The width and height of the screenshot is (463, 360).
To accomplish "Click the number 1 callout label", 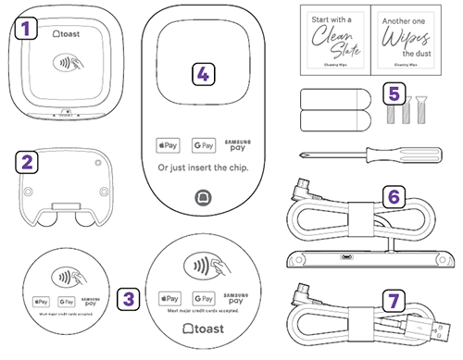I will pyautogui.click(x=29, y=29).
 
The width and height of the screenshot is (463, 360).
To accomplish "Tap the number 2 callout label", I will pyautogui.click(x=29, y=163).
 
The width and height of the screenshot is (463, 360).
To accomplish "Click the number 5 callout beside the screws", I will pyautogui.click(x=395, y=93).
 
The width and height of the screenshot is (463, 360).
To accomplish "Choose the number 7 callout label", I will pyautogui.click(x=394, y=301).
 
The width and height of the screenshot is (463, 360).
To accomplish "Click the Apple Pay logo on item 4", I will pyautogui.click(x=168, y=145).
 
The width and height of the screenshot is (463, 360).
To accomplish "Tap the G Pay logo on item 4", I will pyautogui.click(x=203, y=145).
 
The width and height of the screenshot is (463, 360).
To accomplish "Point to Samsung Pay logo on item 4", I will pyautogui.click(x=239, y=145).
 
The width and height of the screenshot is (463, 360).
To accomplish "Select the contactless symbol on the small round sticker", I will pyautogui.click(x=66, y=277).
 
